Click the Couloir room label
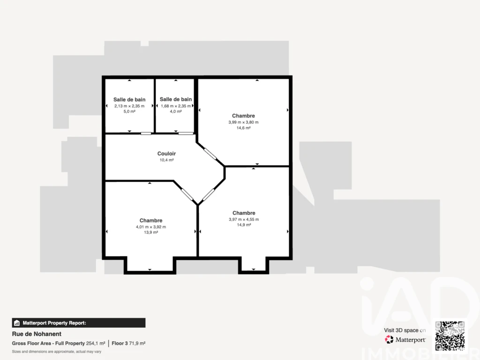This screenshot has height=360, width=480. pos(166,154)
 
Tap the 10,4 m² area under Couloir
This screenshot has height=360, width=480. pos(166,160)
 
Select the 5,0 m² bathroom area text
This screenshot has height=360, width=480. pos(129,112)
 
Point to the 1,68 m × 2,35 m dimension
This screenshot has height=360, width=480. pos(176,106)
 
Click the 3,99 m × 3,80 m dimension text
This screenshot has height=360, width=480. pos(243,122)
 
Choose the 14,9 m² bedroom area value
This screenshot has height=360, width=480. pos(244,225)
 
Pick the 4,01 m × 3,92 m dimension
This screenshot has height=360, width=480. pos(151,227)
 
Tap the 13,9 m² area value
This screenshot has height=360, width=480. pos(151,232)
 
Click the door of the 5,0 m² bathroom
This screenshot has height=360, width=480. pos(146,134)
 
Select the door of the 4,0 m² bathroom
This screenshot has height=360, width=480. pos(186,134)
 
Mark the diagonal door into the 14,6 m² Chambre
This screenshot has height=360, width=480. pos(210,154)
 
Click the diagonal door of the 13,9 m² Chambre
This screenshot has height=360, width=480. pos(187,195)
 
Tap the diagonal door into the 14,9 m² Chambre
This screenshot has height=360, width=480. pos(209,195)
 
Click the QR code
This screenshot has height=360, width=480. pos(450,336)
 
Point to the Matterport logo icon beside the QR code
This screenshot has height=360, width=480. pos(389,339)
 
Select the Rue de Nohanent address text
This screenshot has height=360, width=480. pos(37,334)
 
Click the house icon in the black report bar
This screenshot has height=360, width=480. pos(17,323)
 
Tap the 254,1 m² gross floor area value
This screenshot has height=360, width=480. pos(96,344)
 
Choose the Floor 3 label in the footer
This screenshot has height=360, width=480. pos(120,344)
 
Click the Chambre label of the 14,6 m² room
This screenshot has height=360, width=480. pos(243,116)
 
